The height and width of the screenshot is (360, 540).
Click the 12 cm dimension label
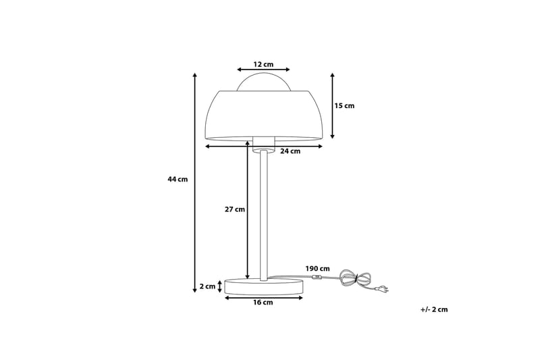[263, 64]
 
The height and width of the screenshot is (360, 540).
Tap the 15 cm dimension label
[344, 106]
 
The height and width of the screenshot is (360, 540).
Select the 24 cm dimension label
[290, 151]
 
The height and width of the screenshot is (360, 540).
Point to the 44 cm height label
[178, 179]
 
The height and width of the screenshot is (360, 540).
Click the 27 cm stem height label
[234, 209]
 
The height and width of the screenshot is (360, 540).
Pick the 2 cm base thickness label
[207, 286]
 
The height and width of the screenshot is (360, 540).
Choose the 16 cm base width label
[263, 303]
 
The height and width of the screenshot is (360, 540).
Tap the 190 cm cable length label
[317, 269]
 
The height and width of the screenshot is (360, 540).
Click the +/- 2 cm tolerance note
[433, 309]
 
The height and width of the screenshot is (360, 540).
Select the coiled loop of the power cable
[356, 278]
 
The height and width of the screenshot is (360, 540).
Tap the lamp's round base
[264, 286]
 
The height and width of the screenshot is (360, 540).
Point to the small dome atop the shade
[264, 81]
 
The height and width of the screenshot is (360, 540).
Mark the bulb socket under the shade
[264, 143]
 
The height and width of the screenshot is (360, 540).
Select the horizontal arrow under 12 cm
[263, 70]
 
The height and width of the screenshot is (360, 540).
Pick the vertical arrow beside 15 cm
[333, 106]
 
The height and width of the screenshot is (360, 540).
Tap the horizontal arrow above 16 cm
[263, 297]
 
